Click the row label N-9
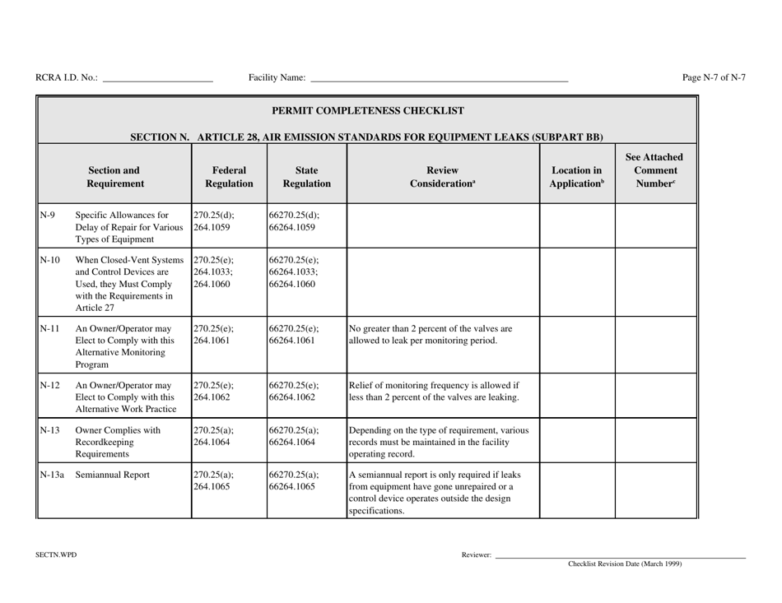[46, 216]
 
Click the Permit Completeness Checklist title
[367, 110]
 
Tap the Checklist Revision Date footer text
[625, 564]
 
